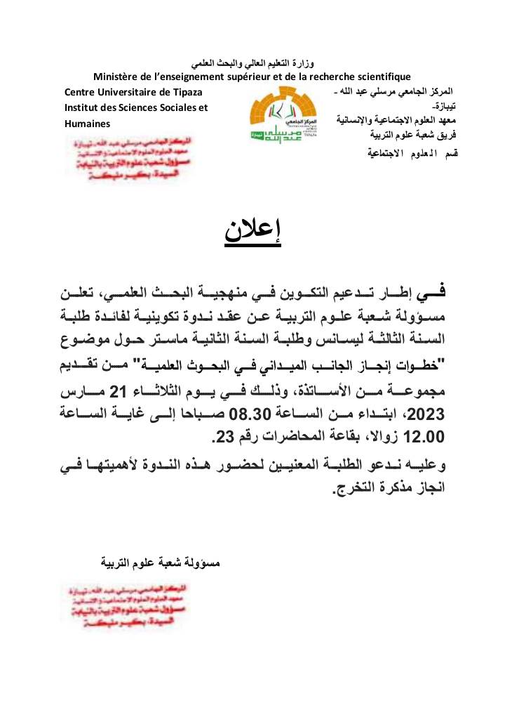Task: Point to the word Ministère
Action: tap(116, 76)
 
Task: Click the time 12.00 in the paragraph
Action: tap(424, 437)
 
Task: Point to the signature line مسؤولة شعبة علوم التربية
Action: tap(161, 563)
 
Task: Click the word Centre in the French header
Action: tap(81, 92)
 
